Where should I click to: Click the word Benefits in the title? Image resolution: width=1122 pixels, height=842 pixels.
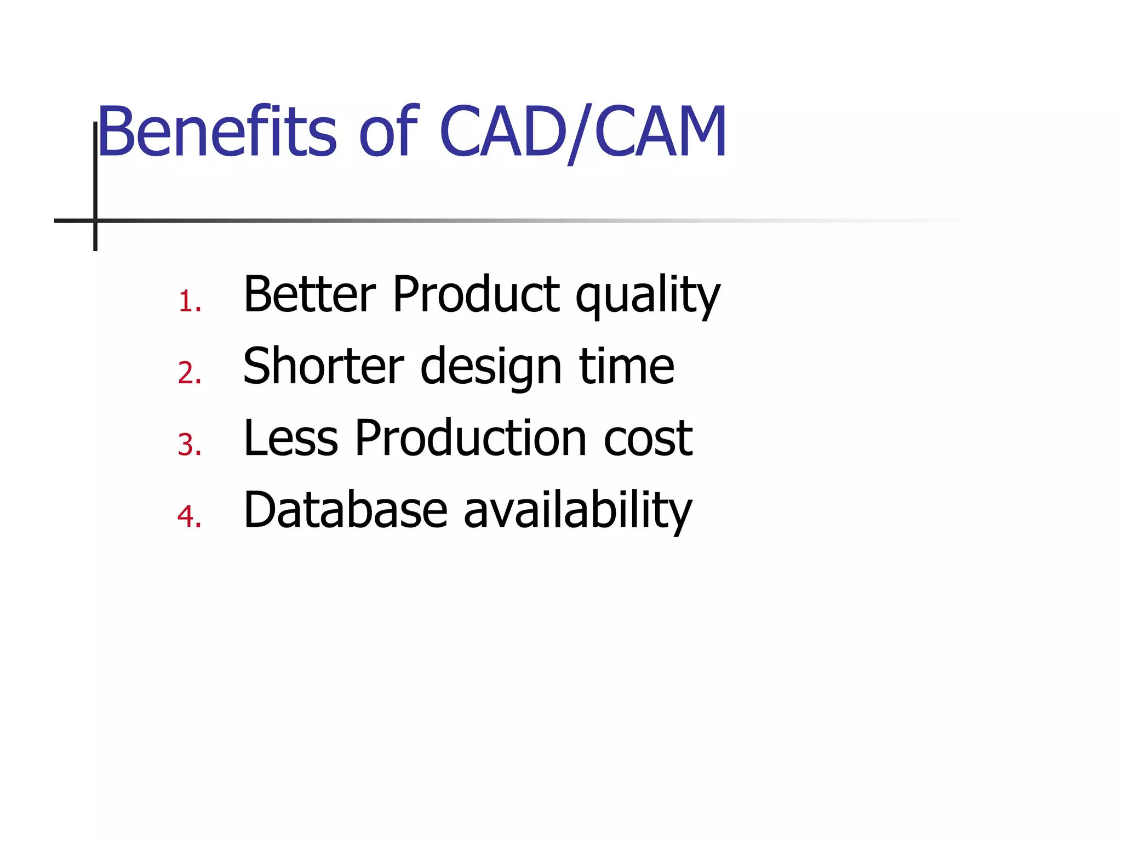click(x=216, y=132)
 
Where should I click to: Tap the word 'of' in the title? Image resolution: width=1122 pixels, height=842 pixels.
click(x=388, y=132)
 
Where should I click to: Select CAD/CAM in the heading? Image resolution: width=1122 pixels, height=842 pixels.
click(x=583, y=132)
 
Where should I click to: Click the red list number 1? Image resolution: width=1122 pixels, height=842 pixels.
click(x=190, y=301)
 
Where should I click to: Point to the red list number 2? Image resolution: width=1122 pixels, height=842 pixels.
click(x=190, y=373)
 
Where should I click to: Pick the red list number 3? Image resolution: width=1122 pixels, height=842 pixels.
click(x=190, y=445)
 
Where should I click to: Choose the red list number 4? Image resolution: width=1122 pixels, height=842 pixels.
click(x=190, y=516)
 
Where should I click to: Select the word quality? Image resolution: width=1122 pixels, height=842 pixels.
click(x=648, y=296)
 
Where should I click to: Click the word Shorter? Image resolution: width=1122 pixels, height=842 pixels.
click(x=323, y=366)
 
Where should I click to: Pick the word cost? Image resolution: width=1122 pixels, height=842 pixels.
click(x=648, y=439)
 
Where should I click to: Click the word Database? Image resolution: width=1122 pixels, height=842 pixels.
click(x=346, y=510)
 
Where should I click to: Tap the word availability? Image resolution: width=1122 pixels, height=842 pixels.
click(x=578, y=510)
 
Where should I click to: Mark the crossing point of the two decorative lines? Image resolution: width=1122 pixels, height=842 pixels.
click(x=95, y=220)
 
